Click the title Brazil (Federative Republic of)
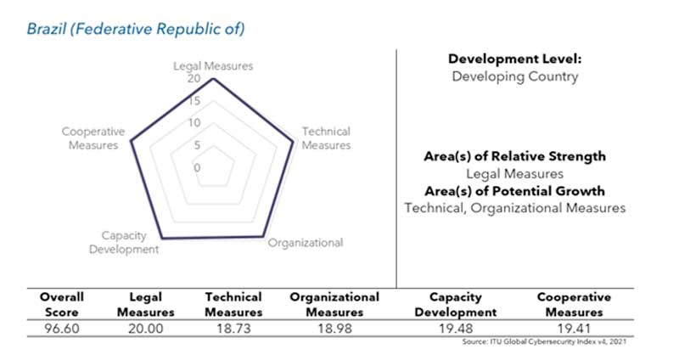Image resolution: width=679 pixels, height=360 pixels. click(x=136, y=30)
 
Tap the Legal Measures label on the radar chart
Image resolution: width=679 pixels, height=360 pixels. click(x=212, y=65)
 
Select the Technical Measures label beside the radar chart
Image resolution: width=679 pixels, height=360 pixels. click(x=326, y=138)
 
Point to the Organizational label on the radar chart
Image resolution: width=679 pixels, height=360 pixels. click(x=306, y=243)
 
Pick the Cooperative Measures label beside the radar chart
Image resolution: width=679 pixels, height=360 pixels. click(x=93, y=138)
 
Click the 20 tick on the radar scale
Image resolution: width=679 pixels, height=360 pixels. click(x=194, y=79)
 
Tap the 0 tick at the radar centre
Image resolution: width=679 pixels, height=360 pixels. click(x=198, y=167)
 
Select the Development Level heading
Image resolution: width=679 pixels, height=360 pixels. click(x=513, y=59)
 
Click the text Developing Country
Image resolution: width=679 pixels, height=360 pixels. click(x=514, y=76)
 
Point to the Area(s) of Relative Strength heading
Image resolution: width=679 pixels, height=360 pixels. click(x=514, y=156)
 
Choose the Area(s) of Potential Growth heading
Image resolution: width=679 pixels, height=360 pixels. click(x=514, y=190)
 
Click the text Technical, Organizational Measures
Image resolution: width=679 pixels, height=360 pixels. click(x=514, y=207)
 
